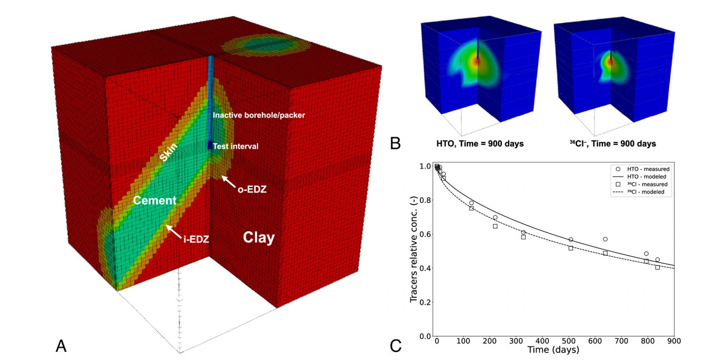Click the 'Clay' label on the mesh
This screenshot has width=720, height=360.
[x=259, y=237]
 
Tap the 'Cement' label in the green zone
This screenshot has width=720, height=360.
[x=154, y=200]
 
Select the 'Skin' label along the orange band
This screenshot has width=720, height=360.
[x=168, y=152]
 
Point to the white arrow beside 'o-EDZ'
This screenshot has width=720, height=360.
[x=228, y=181]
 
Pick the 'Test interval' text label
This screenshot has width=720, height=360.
[x=235, y=146]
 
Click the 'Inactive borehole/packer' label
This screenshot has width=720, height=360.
[x=259, y=115]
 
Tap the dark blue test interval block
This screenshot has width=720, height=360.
[x=210, y=145]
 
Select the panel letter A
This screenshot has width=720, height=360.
[x=61, y=346]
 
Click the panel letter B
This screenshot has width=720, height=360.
[x=395, y=144]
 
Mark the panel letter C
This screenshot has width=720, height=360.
[x=395, y=346]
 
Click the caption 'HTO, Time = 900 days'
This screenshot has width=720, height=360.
[x=480, y=144]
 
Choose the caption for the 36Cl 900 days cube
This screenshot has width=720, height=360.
[x=613, y=144]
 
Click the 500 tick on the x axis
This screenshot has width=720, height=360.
[x=568, y=341]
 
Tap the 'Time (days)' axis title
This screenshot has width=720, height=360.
[x=553, y=350]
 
